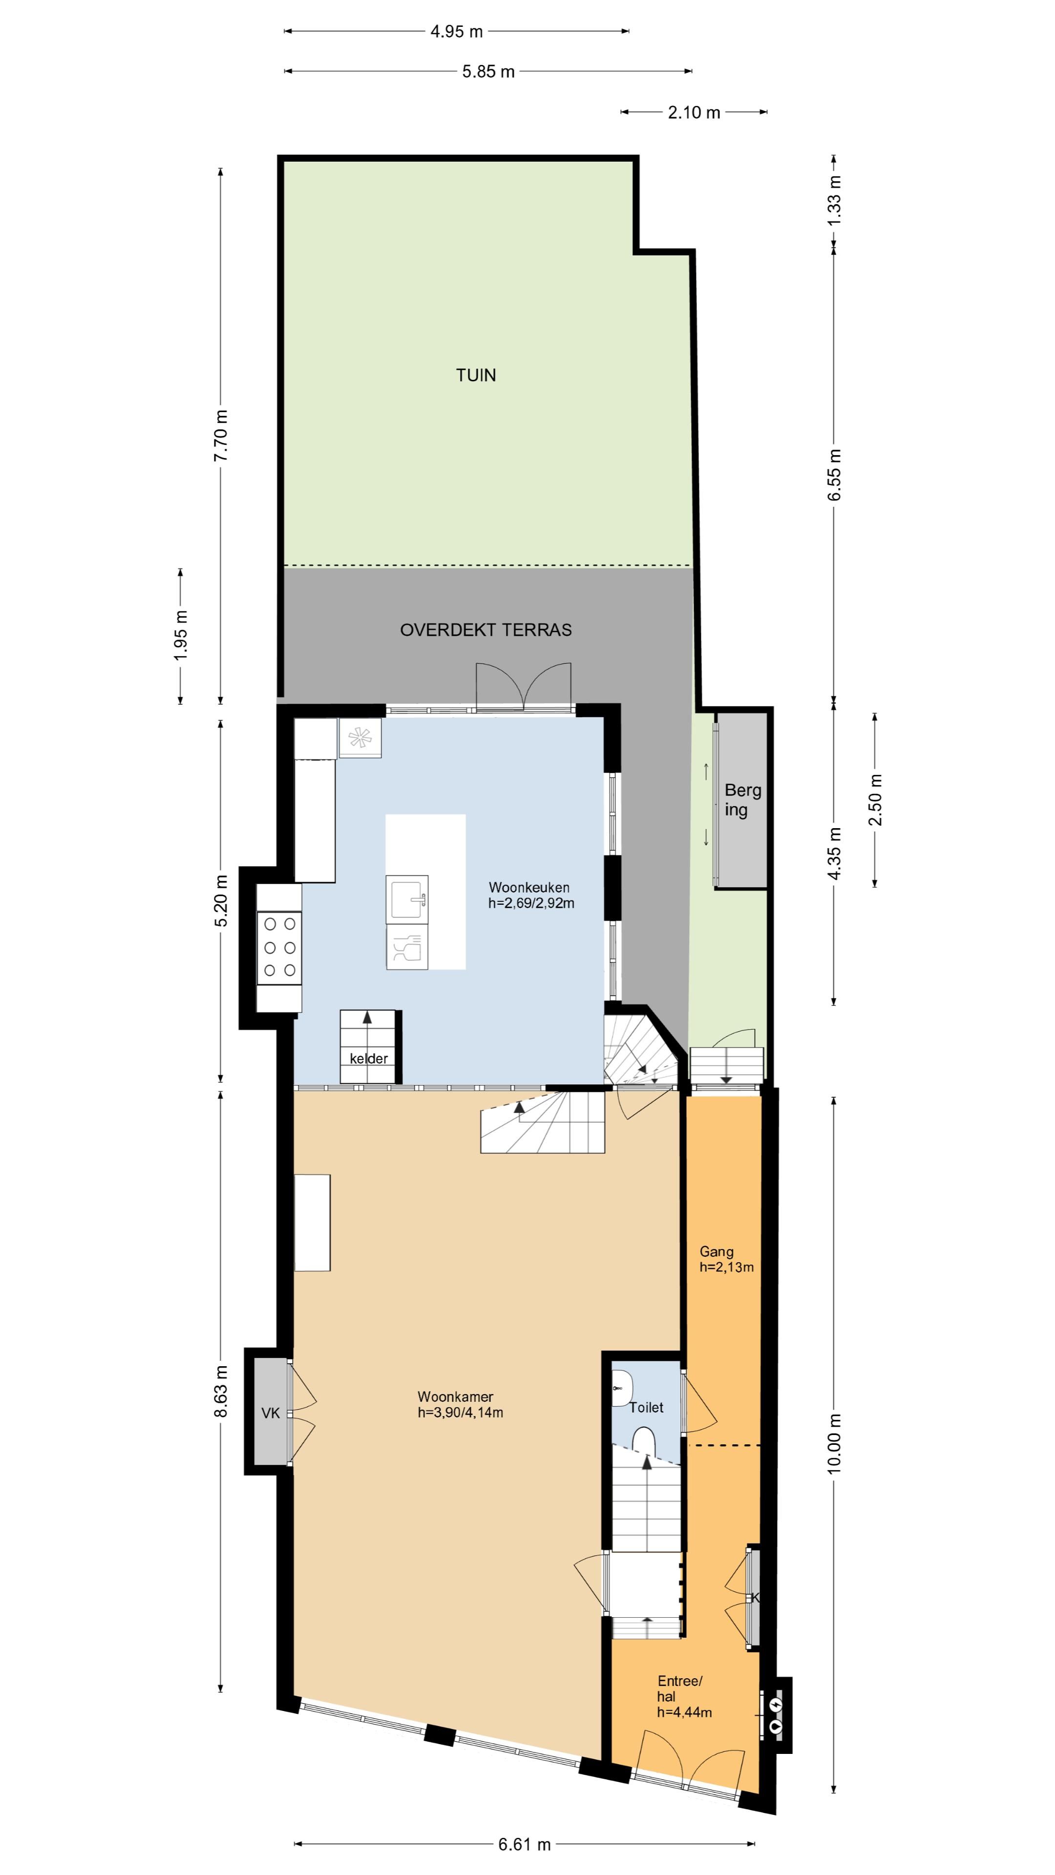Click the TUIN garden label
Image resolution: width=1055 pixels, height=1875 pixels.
[x=475, y=375]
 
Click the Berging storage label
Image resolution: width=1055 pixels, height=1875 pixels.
[x=742, y=799]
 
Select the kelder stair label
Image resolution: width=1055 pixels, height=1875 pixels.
[x=368, y=1058]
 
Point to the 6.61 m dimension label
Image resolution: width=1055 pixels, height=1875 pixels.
[x=524, y=1844]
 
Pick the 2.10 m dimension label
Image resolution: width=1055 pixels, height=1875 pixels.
[x=694, y=112]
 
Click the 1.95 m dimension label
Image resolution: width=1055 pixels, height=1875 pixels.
[x=181, y=635]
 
